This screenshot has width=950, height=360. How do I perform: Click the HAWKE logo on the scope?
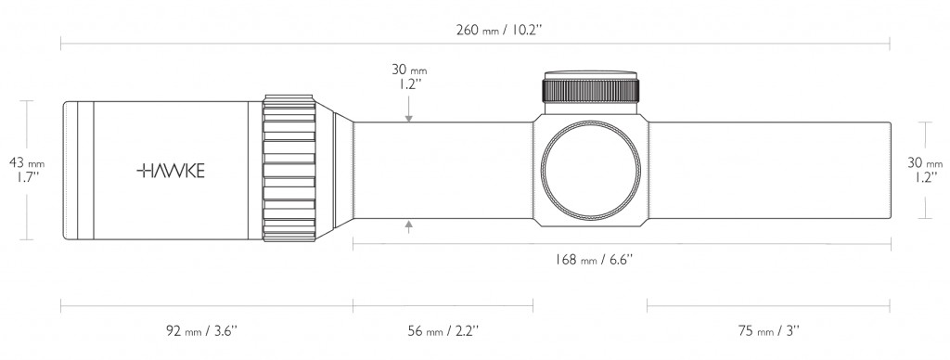pos(171,171)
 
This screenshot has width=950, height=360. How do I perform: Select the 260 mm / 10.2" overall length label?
pos(498,31)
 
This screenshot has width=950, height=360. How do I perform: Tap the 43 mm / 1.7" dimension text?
pos(27,170)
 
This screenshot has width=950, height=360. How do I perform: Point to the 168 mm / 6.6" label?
pos(594,260)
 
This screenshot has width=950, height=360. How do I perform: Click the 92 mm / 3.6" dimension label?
pos(201,331)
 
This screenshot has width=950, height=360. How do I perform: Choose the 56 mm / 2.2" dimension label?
pos(443,331)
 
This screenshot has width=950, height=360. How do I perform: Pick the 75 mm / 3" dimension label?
pos(769,331)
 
